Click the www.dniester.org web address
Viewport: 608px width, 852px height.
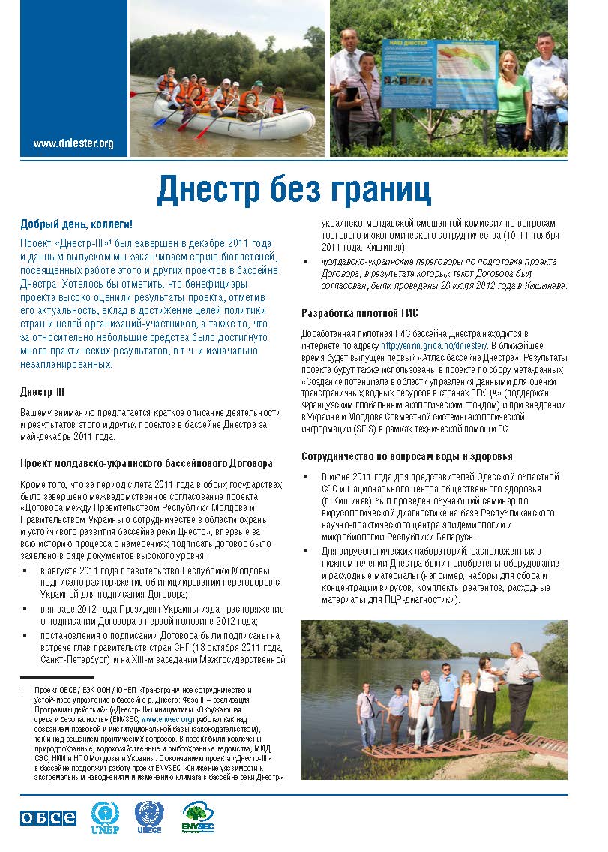(73, 143)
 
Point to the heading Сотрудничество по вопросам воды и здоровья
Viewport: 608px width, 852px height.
(407, 456)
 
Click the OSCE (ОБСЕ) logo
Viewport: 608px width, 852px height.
(48, 818)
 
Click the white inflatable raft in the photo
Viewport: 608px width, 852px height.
(233, 121)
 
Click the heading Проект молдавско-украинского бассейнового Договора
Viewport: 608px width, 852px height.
(146, 463)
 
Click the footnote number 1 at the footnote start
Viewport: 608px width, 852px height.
(22, 689)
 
